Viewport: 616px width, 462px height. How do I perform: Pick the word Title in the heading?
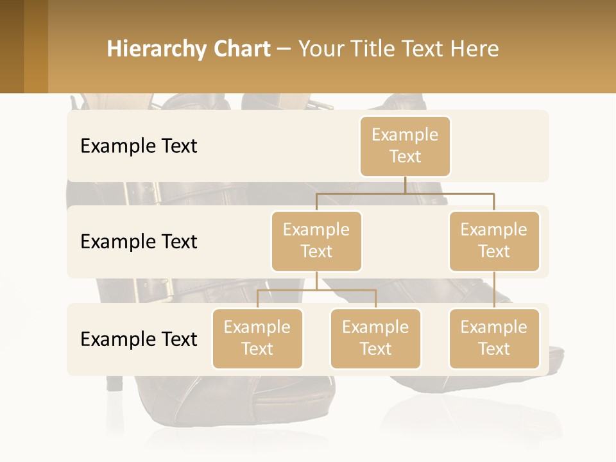[x=374, y=49]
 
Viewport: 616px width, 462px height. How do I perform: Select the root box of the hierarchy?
[x=405, y=146]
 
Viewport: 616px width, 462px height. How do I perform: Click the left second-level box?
[x=316, y=241]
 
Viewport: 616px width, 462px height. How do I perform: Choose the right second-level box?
[x=494, y=241]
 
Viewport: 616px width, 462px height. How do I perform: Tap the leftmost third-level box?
[x=257, y=338]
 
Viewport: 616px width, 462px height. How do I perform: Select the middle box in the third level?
[x=375, y=338]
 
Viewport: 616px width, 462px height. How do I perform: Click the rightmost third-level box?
[x=494, y=338]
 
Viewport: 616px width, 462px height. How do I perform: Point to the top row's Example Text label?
[x=139, y=146]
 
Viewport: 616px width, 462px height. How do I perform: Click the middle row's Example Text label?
[x=139, y=242]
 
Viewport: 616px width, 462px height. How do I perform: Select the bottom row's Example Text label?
[x=139, y=339]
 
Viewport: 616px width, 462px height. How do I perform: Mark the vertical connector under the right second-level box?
[x=494, y=290]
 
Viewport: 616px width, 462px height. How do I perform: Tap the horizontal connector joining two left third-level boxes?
[x=316, y=290]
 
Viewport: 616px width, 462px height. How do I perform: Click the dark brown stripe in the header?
[x=12, y=46]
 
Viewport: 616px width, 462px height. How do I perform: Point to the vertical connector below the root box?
[x=405, y=185]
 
